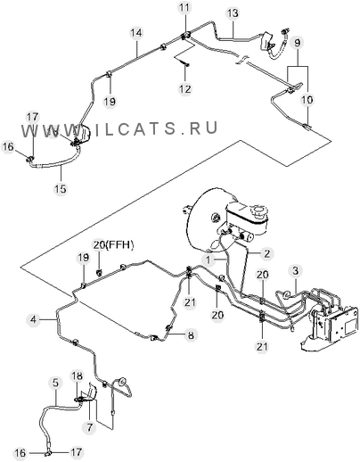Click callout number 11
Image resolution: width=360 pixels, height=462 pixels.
coord(185,8)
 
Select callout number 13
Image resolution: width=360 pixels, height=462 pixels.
coord(233,13)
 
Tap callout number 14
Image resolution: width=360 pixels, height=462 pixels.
coord(136,33)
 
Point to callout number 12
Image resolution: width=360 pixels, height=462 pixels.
coord(185,88)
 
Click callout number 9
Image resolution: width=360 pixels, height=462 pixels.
coord(298,43)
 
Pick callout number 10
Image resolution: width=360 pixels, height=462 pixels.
coord(307,99)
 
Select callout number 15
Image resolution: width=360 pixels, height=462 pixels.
coord(61,188)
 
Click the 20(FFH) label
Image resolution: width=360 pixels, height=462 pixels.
coord(114,245)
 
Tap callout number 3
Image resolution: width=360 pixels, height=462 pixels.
coord(296,271)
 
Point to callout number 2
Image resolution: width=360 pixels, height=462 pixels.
coord(267,253)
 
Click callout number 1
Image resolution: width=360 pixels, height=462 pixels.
coord(209,260)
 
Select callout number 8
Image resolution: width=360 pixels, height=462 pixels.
coord(191,335)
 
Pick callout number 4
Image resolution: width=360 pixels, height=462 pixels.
coord(33,319)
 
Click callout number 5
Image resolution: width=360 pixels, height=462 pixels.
coord(56,383)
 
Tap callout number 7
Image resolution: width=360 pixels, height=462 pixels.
coord(89,427)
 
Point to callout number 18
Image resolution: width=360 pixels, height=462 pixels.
coord(77,375)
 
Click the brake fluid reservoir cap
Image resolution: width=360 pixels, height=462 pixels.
coord(258,211)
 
